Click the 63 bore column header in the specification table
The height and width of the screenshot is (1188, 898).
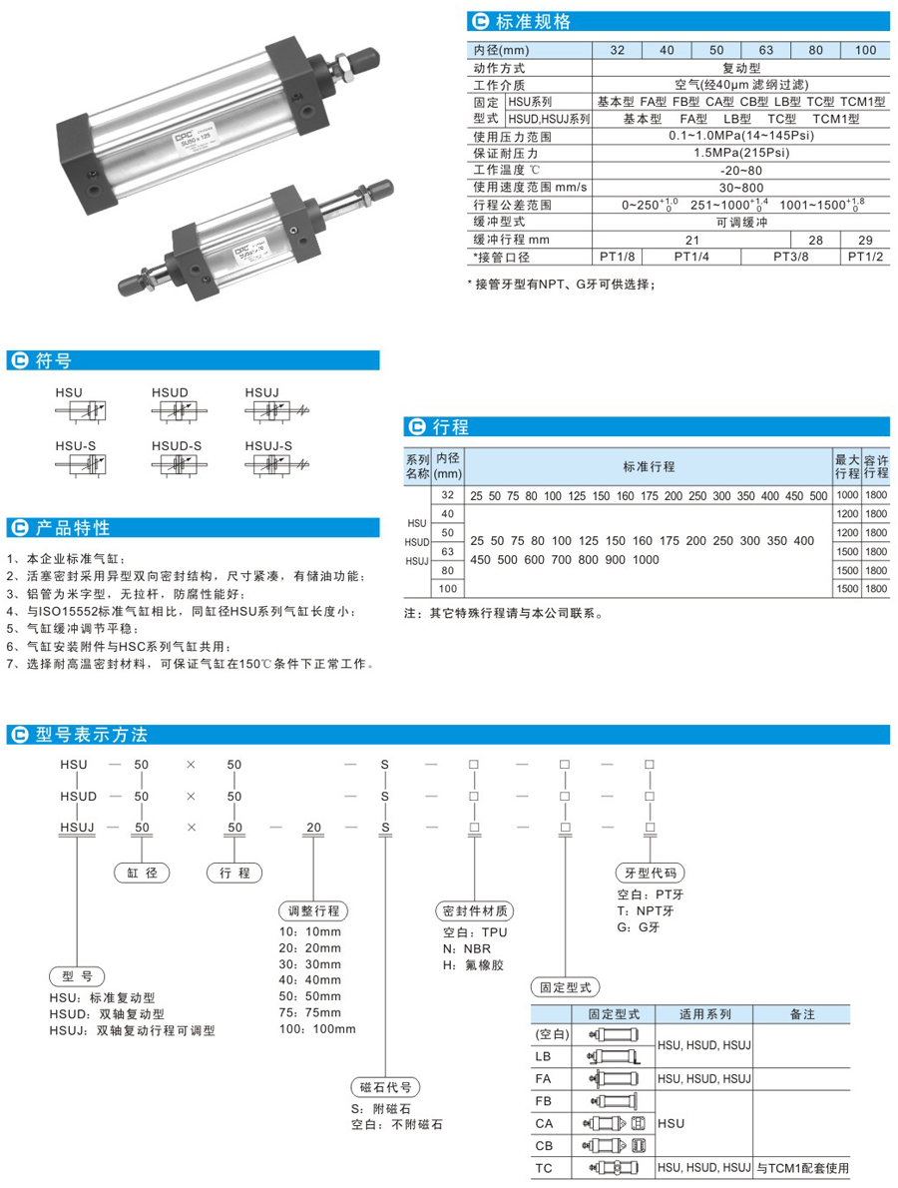(x=766, y=50)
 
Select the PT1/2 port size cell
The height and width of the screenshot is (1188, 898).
(x=865, y=257)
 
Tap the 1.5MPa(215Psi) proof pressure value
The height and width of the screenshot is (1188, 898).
(x=741, y=153)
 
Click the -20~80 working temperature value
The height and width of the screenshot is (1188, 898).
(x=741, y=170)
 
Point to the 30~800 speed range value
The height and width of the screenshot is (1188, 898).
(x=741, y=187)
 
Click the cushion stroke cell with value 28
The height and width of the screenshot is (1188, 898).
(x=815, y=240)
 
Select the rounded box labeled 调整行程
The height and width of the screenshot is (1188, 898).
(x=313, y=911)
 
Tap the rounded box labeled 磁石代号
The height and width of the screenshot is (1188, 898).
(x=383, y=1087)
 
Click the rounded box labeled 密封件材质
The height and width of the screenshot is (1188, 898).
(x=474, y=911)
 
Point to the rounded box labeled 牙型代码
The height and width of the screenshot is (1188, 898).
(x=650, y=872)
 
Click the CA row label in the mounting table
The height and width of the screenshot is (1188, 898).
(x=546, y=1123)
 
